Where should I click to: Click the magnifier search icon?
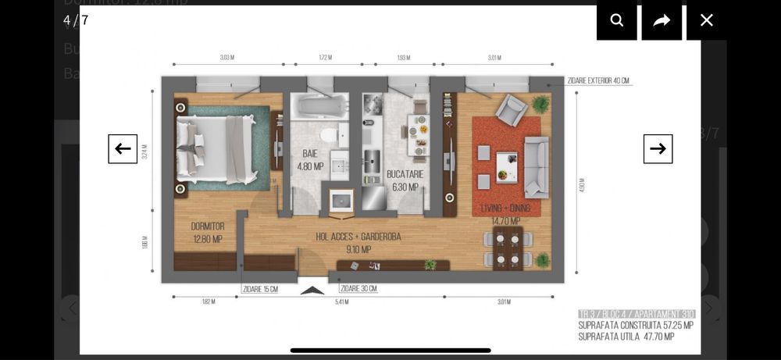(x=617, y=20)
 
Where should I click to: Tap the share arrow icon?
(x=662, y=20)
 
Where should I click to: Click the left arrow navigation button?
(x=123, y=148)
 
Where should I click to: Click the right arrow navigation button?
(x=658, y=148)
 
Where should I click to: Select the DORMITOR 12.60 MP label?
(x=207, y=233)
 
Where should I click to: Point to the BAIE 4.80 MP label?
(x=310, y=160)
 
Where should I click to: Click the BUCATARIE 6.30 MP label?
(x=405, y=180)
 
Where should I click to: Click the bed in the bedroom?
(x=215, y=150)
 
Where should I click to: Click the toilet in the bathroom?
(x=329, y=137)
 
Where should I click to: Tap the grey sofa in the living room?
(x=536, y=166)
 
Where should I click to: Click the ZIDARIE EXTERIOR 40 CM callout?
(x=599, y=80)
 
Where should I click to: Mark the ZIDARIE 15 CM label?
(x=259, y=289)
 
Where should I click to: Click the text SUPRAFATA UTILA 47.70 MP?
(x=626, y=337)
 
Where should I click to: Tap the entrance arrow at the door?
(x=312, y=290)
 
